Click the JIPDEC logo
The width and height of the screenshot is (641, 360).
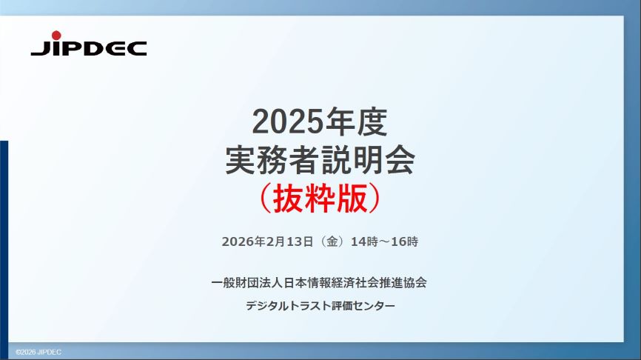click(88, 47)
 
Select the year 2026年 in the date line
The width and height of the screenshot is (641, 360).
click(244, 241)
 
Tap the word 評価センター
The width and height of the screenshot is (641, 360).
click(368, 306)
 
